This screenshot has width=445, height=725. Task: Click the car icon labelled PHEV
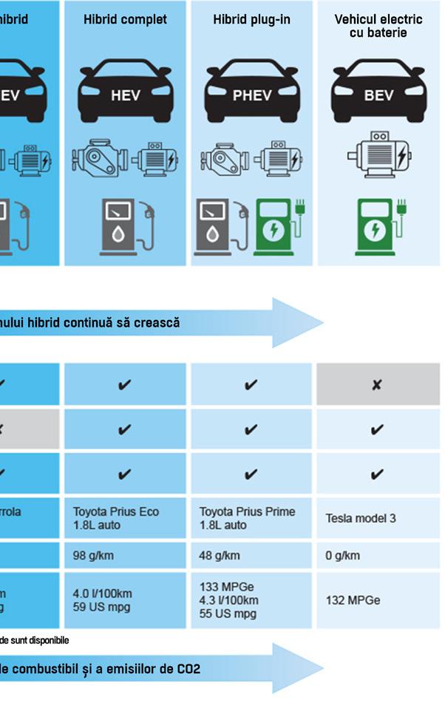tap(252, 90)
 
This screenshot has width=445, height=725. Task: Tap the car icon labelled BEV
tap(378, 90)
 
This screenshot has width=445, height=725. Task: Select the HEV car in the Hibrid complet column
tap(125, 90)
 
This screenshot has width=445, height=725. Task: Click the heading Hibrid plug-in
tap(252, 20)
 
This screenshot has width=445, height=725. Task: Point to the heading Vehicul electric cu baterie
tap(378, 26)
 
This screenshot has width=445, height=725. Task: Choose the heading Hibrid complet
tap(125, 20)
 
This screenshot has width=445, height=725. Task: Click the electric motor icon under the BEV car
tap(378, 156)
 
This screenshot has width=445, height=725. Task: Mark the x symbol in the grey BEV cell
tap(377, 385)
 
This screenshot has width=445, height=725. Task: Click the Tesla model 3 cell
tap(361, 518)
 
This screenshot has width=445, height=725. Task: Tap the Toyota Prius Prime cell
tap(247, 518)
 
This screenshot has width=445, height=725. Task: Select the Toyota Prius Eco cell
tap(115, 518)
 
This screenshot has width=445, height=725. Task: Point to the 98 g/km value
tap(94, 556)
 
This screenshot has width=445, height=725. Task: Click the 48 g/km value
tap(220, 556)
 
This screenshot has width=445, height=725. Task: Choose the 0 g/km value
tap(343, 556)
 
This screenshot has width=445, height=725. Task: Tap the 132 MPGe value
tap(353, 600)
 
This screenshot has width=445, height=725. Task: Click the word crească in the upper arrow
tap(152, 323)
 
